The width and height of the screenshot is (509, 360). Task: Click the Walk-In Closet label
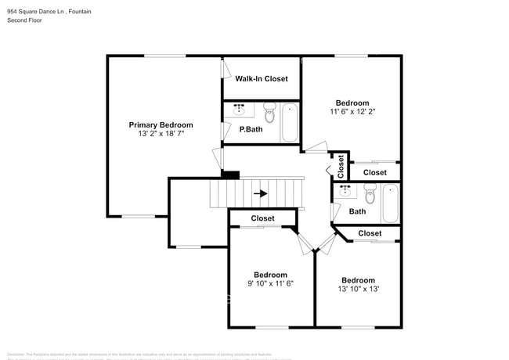262,79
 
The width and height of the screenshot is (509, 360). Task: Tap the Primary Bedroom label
161,125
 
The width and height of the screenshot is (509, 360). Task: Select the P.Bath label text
251,130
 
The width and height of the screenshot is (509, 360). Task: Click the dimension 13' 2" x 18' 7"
161,134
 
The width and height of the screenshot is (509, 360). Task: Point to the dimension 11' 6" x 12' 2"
352,112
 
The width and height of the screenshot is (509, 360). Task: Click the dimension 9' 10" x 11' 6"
270,283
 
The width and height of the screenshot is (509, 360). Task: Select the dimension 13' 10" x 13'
358,289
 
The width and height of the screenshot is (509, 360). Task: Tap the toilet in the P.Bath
269,113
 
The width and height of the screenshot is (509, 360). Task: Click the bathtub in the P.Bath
290,123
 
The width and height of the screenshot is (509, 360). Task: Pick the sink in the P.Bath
240,109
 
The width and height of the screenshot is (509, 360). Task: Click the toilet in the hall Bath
370,193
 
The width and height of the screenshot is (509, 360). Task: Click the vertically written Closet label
341,166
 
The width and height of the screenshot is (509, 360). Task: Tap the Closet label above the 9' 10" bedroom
262,218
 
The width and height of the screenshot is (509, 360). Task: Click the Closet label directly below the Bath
370,233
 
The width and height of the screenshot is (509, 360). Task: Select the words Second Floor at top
24,20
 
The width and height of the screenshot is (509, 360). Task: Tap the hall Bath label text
357,211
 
